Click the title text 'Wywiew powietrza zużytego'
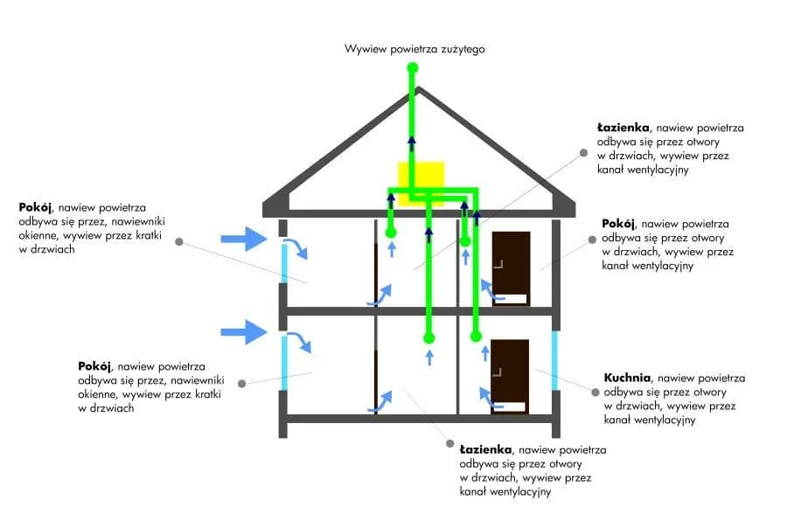(414, 50)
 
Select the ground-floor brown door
(511, 374)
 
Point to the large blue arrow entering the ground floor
(243, 331)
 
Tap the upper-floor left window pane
(284, 263)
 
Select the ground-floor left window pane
(284, 363)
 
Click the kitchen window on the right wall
(554, 359)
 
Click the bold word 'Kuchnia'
(627, 379)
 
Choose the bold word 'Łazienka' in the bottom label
(485, 449)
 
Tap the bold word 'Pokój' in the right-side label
(618, 224)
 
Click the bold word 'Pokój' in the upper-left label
(35, 208)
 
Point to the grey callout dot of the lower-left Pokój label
(242, 383)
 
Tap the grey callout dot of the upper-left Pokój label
(178, 241)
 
